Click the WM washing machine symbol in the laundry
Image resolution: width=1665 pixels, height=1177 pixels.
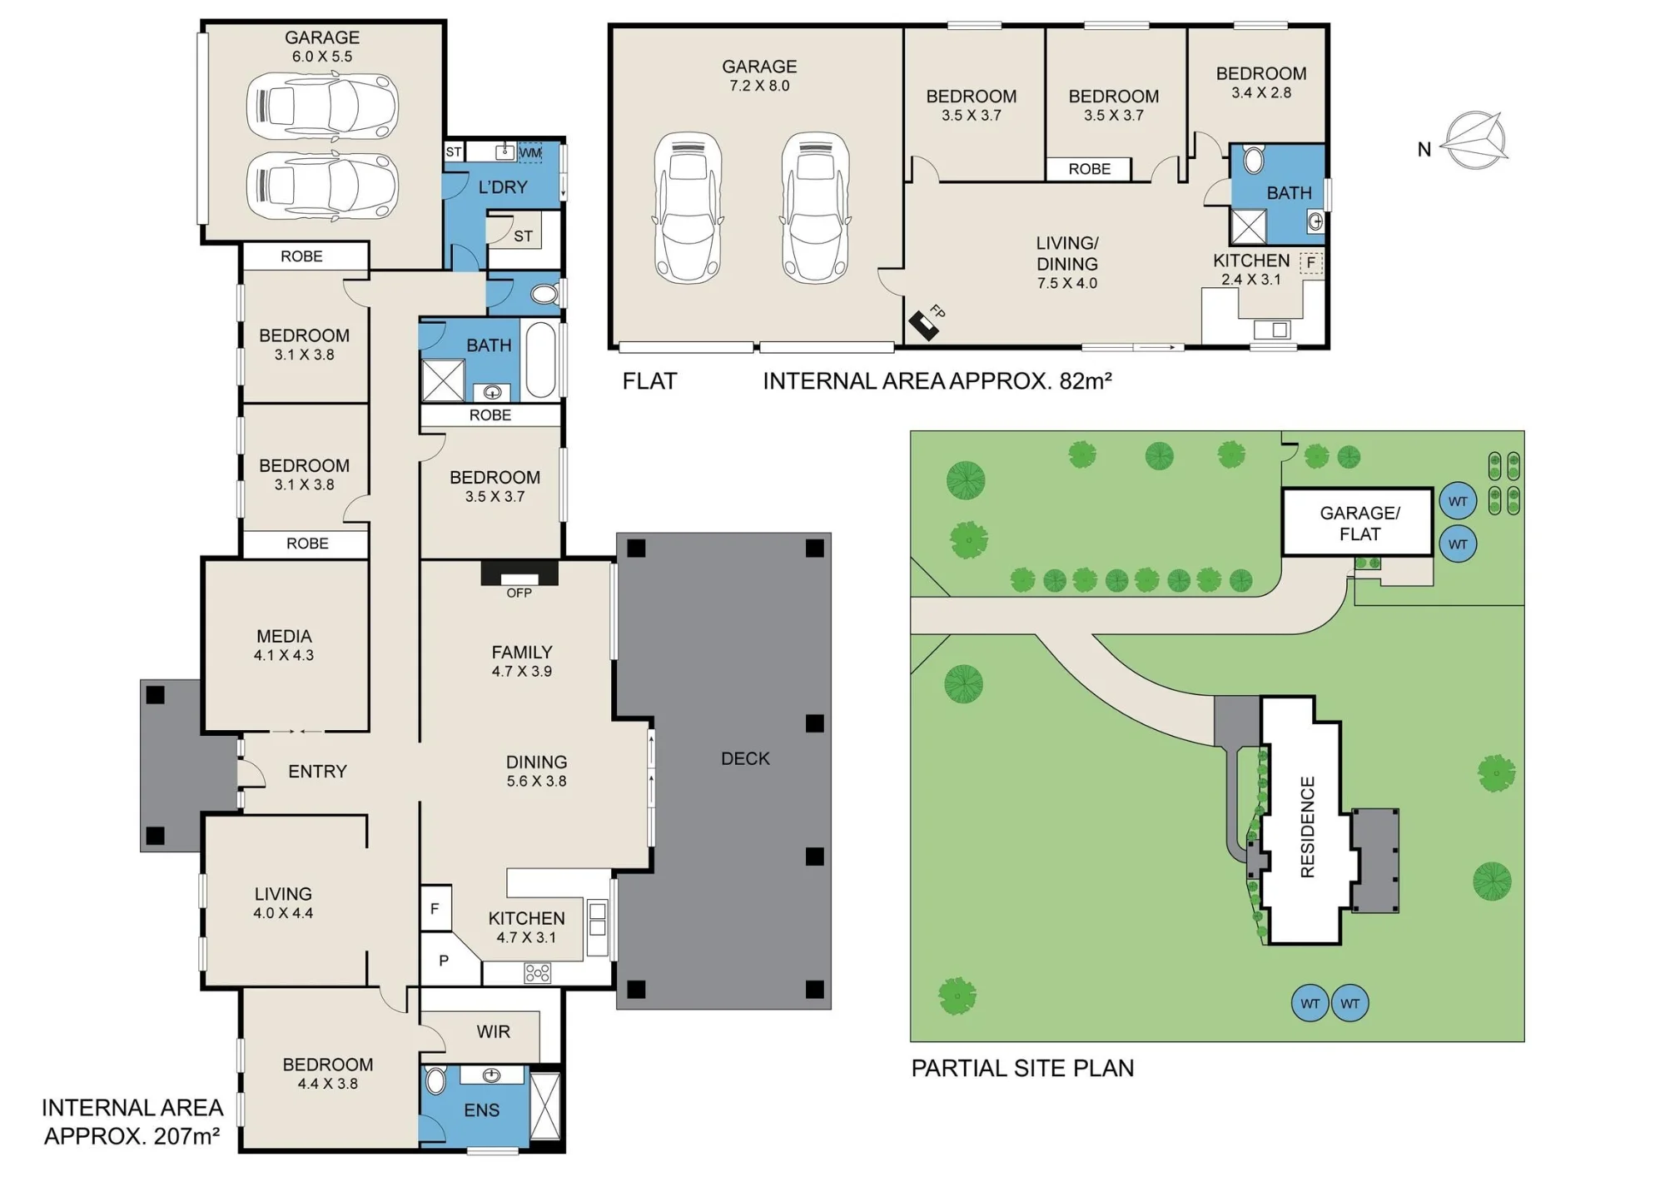click(530, 152)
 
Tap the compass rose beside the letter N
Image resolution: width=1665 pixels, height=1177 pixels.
click(1474, 141)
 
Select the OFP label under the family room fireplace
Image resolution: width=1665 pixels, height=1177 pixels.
click(519, 593)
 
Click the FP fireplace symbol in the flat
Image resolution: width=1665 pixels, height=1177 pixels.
click(924, 324)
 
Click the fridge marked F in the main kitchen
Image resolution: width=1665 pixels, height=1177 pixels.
click(435, 908)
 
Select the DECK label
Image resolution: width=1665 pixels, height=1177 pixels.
click(745, 758)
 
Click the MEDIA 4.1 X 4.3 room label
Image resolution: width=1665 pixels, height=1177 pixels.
click(284, 645)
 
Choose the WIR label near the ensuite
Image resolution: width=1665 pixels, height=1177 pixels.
click(494, 1032)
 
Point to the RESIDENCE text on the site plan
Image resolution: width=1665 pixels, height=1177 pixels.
click(1307, 827)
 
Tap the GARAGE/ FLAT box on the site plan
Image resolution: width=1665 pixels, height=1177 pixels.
click(1358, 522)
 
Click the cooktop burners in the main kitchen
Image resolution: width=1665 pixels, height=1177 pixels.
click(538, 972)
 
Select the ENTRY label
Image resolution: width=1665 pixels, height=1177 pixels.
click(317, 772)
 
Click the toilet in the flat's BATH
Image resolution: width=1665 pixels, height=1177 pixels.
click(1253, 160)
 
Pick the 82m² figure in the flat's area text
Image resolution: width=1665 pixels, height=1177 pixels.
click(1086, 380)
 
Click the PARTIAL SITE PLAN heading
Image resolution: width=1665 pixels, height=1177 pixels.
click(1022, 1068)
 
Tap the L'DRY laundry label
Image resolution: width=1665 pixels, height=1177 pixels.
click(503, 187)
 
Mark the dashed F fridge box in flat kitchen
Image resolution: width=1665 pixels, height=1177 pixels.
click(1311, 263)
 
